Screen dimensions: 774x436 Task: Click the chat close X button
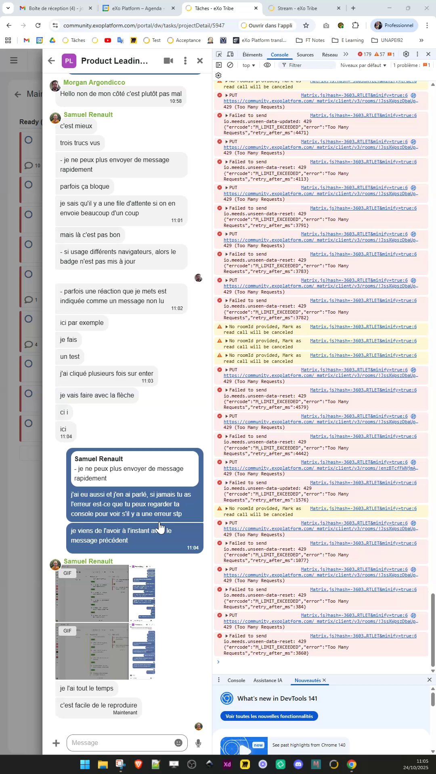click(200, 61)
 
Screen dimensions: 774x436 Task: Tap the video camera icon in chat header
click(168, 61)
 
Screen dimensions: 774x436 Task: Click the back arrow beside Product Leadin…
click(51, 61)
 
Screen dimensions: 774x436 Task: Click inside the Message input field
click(121, 743)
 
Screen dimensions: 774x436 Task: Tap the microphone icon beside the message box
click(198, 743)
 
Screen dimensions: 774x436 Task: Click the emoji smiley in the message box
click(178, 743)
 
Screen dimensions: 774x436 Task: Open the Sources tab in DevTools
click(305, 55)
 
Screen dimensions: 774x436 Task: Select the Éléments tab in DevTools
click(252, 55)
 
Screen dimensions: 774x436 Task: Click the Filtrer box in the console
click(309, 65)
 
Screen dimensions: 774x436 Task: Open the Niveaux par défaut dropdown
click(363, 65)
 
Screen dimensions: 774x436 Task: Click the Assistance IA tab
click(268, 680)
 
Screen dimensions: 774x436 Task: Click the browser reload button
click(38, 25)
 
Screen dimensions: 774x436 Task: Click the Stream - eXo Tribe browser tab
click(297, 8)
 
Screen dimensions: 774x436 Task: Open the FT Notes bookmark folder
click(310, 40)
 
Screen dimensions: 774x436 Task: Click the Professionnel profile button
click(394, 25)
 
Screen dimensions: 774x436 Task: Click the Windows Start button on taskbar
click(85, 764)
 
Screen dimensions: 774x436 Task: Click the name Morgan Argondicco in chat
click(94, 82)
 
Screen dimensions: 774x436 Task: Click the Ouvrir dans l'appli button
click(266, 25)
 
